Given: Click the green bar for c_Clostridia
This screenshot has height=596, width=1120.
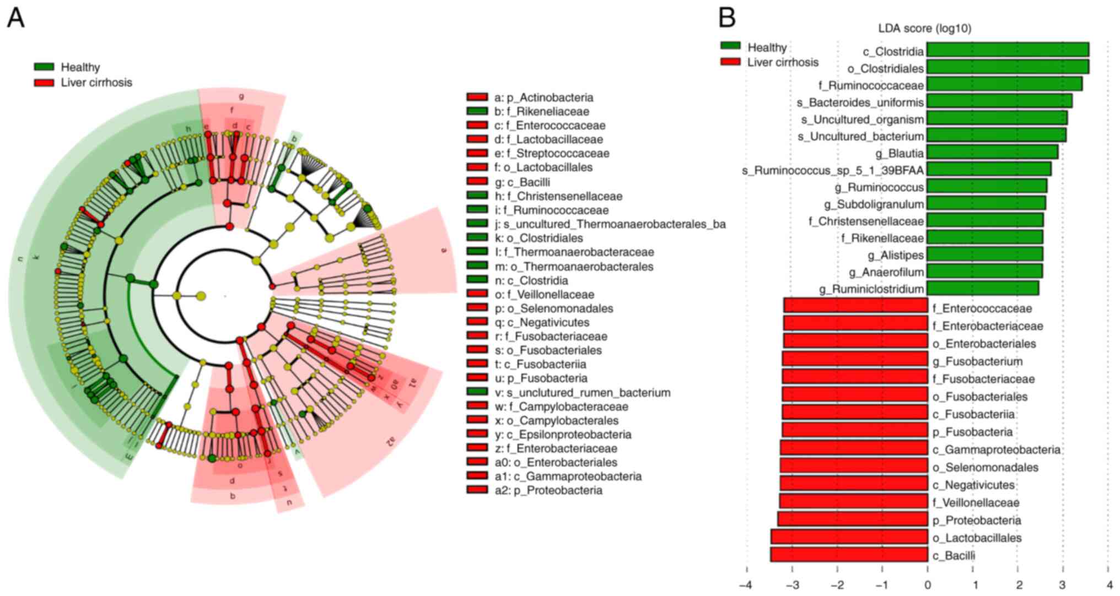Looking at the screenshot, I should [x=1008, y=50].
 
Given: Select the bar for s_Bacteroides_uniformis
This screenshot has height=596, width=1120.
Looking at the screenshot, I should [x=999, y=101].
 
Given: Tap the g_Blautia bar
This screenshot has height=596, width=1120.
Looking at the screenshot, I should [x=992, y=153].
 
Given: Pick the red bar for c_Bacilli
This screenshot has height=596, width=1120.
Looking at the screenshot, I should [x=849, y=555].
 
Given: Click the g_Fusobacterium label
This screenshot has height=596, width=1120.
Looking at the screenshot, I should [x=977, y=361].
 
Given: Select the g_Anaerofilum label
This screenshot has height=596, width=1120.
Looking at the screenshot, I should [x=886, y=272].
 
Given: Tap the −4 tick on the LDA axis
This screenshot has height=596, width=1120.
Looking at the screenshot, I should [x=746, y=584].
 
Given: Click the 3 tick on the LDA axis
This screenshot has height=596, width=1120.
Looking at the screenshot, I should [x=1063, y=584].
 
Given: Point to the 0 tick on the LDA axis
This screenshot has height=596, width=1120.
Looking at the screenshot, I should [x=928, y=584].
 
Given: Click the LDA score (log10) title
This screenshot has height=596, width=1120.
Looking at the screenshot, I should [x=924, y=28].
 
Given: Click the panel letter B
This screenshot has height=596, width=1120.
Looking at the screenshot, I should [x=727, y=18].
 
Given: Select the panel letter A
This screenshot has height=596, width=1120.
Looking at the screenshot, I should [x=15, y=18].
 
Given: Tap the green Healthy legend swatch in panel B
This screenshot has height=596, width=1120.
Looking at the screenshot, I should [x=730, y=46].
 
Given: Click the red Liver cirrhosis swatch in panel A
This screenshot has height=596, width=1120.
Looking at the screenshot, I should [x=44, y=83].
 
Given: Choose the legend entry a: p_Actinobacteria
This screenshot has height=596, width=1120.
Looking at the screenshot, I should [x=543, y=97].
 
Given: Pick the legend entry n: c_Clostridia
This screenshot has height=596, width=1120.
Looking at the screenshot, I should [x=531, y=280].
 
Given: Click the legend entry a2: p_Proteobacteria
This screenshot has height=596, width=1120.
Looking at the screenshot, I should [x=548, y=490].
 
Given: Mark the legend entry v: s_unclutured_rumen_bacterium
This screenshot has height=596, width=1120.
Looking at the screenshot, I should [x=582, y=393].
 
